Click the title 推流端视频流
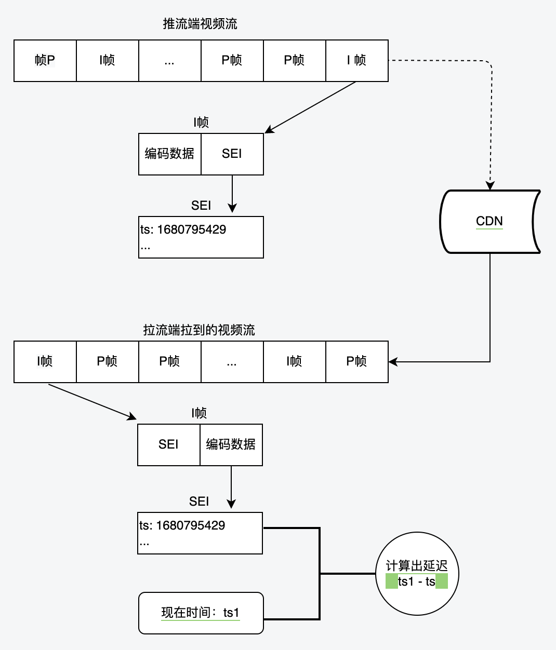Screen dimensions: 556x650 tap(200, 24)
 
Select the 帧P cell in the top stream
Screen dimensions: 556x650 tap(45, 60)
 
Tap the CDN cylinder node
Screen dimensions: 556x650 tap(490, 221)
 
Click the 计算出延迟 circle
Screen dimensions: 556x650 tap(417, 574)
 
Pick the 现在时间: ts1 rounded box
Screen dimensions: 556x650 tap(201, 613)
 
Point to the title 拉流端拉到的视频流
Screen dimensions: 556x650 tap(199, 330)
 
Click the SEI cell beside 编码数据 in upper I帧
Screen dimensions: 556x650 tap(232, 154)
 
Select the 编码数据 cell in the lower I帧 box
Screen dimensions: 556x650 tap(231, 444)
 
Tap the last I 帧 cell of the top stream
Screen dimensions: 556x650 tap(357, 60)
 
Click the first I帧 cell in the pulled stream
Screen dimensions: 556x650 tap(45, 362)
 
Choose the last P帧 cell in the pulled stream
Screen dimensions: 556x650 tap(357, 362)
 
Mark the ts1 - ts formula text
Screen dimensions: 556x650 tap(417, 581)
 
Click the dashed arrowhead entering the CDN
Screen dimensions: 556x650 tap(490, 185)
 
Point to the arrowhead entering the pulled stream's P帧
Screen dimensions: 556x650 tap(393, 362)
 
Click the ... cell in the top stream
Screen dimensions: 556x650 tap(170, 60)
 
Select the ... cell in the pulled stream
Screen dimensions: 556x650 tap(232, 362)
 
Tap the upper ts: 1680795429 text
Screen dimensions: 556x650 tap(183, 229)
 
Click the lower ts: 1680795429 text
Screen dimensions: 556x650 tap(182, 525)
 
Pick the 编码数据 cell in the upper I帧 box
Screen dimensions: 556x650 tap(170, 154)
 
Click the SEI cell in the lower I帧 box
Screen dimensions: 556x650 tap(169, 444)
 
